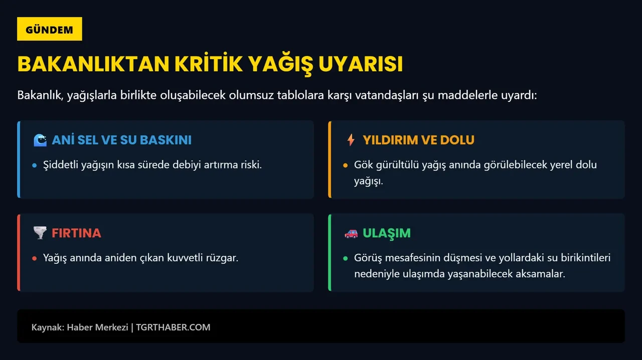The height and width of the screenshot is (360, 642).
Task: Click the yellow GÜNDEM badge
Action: pyautogui.click(x=49, y=29)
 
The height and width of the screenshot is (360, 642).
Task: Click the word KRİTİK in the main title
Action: pyautogui.click(x=208, y=64)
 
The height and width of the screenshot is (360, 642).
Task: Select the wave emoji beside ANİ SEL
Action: pyautogui.click(x=40, y=140)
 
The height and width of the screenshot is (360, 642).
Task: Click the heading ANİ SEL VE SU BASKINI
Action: pyautogui.click(x=121, y=140)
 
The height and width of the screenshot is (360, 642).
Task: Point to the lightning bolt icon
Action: pyautogui.click(x=351, y=140)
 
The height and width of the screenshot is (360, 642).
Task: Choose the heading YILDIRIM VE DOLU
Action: pyautogui.click(x=418, y=140)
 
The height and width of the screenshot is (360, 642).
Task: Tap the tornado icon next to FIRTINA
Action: pyautogui.click(x=40, y=233)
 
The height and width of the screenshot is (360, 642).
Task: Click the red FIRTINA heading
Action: pyautogui.click(x=76, y=233)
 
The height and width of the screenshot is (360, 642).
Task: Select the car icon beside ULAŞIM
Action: pyautogui.click(x=351, y=233)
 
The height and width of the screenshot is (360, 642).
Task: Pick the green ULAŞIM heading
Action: pyautogui.click(x=386, y=233)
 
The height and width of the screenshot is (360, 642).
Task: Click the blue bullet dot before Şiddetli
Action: pyautogui.click(x=34, y=165)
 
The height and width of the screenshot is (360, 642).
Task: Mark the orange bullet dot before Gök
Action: pyautogui.click(x=345, y=165)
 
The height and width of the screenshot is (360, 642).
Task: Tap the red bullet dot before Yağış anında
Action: pyautogui.click(x=34, y=258)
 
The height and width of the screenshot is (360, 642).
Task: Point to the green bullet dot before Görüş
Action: pyautogui.click(x=345, y=258)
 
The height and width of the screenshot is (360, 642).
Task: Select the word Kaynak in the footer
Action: pyautogui.click(x=47, y=327)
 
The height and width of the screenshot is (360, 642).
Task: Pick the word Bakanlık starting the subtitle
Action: pyautogui.click(x=39, y=95)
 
